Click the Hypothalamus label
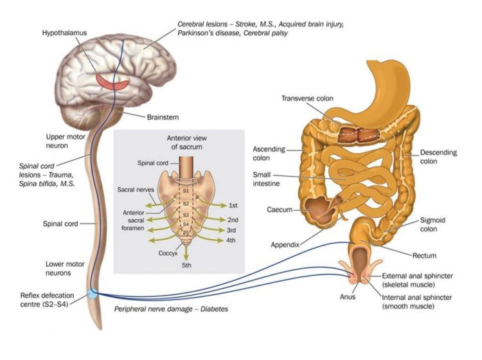pos(64,32)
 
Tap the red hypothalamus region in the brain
pos(116,82)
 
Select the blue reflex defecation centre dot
pos(94,293)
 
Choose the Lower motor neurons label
pos(65,269)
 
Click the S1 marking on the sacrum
pos(185,191)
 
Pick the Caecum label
pos(280,210)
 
